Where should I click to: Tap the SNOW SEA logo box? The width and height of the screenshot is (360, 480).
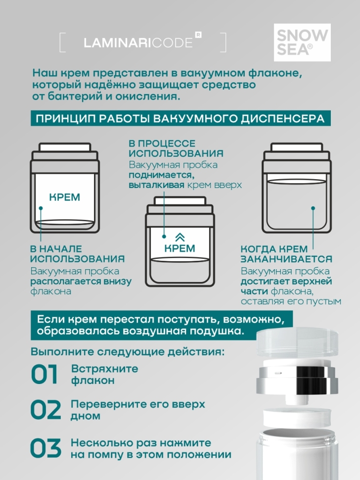coord(302,42)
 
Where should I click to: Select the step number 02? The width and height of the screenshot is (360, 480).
coord(45,410)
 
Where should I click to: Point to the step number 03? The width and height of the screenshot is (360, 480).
coord(45,448)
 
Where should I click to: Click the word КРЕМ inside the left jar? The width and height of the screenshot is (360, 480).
coord(64,197)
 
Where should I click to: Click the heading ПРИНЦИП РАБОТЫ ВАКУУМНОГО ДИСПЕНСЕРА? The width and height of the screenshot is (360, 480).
coord(180,119)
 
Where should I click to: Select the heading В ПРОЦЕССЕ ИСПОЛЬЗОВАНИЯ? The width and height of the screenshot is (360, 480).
coord(176,148)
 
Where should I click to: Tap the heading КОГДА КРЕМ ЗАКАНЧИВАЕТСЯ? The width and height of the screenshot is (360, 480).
coord(286,254)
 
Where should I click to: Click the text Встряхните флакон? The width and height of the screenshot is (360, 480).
coord(104,375)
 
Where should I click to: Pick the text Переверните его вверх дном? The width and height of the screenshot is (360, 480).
coord(137,410)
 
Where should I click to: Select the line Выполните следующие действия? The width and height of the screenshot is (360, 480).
coord(127,352)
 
